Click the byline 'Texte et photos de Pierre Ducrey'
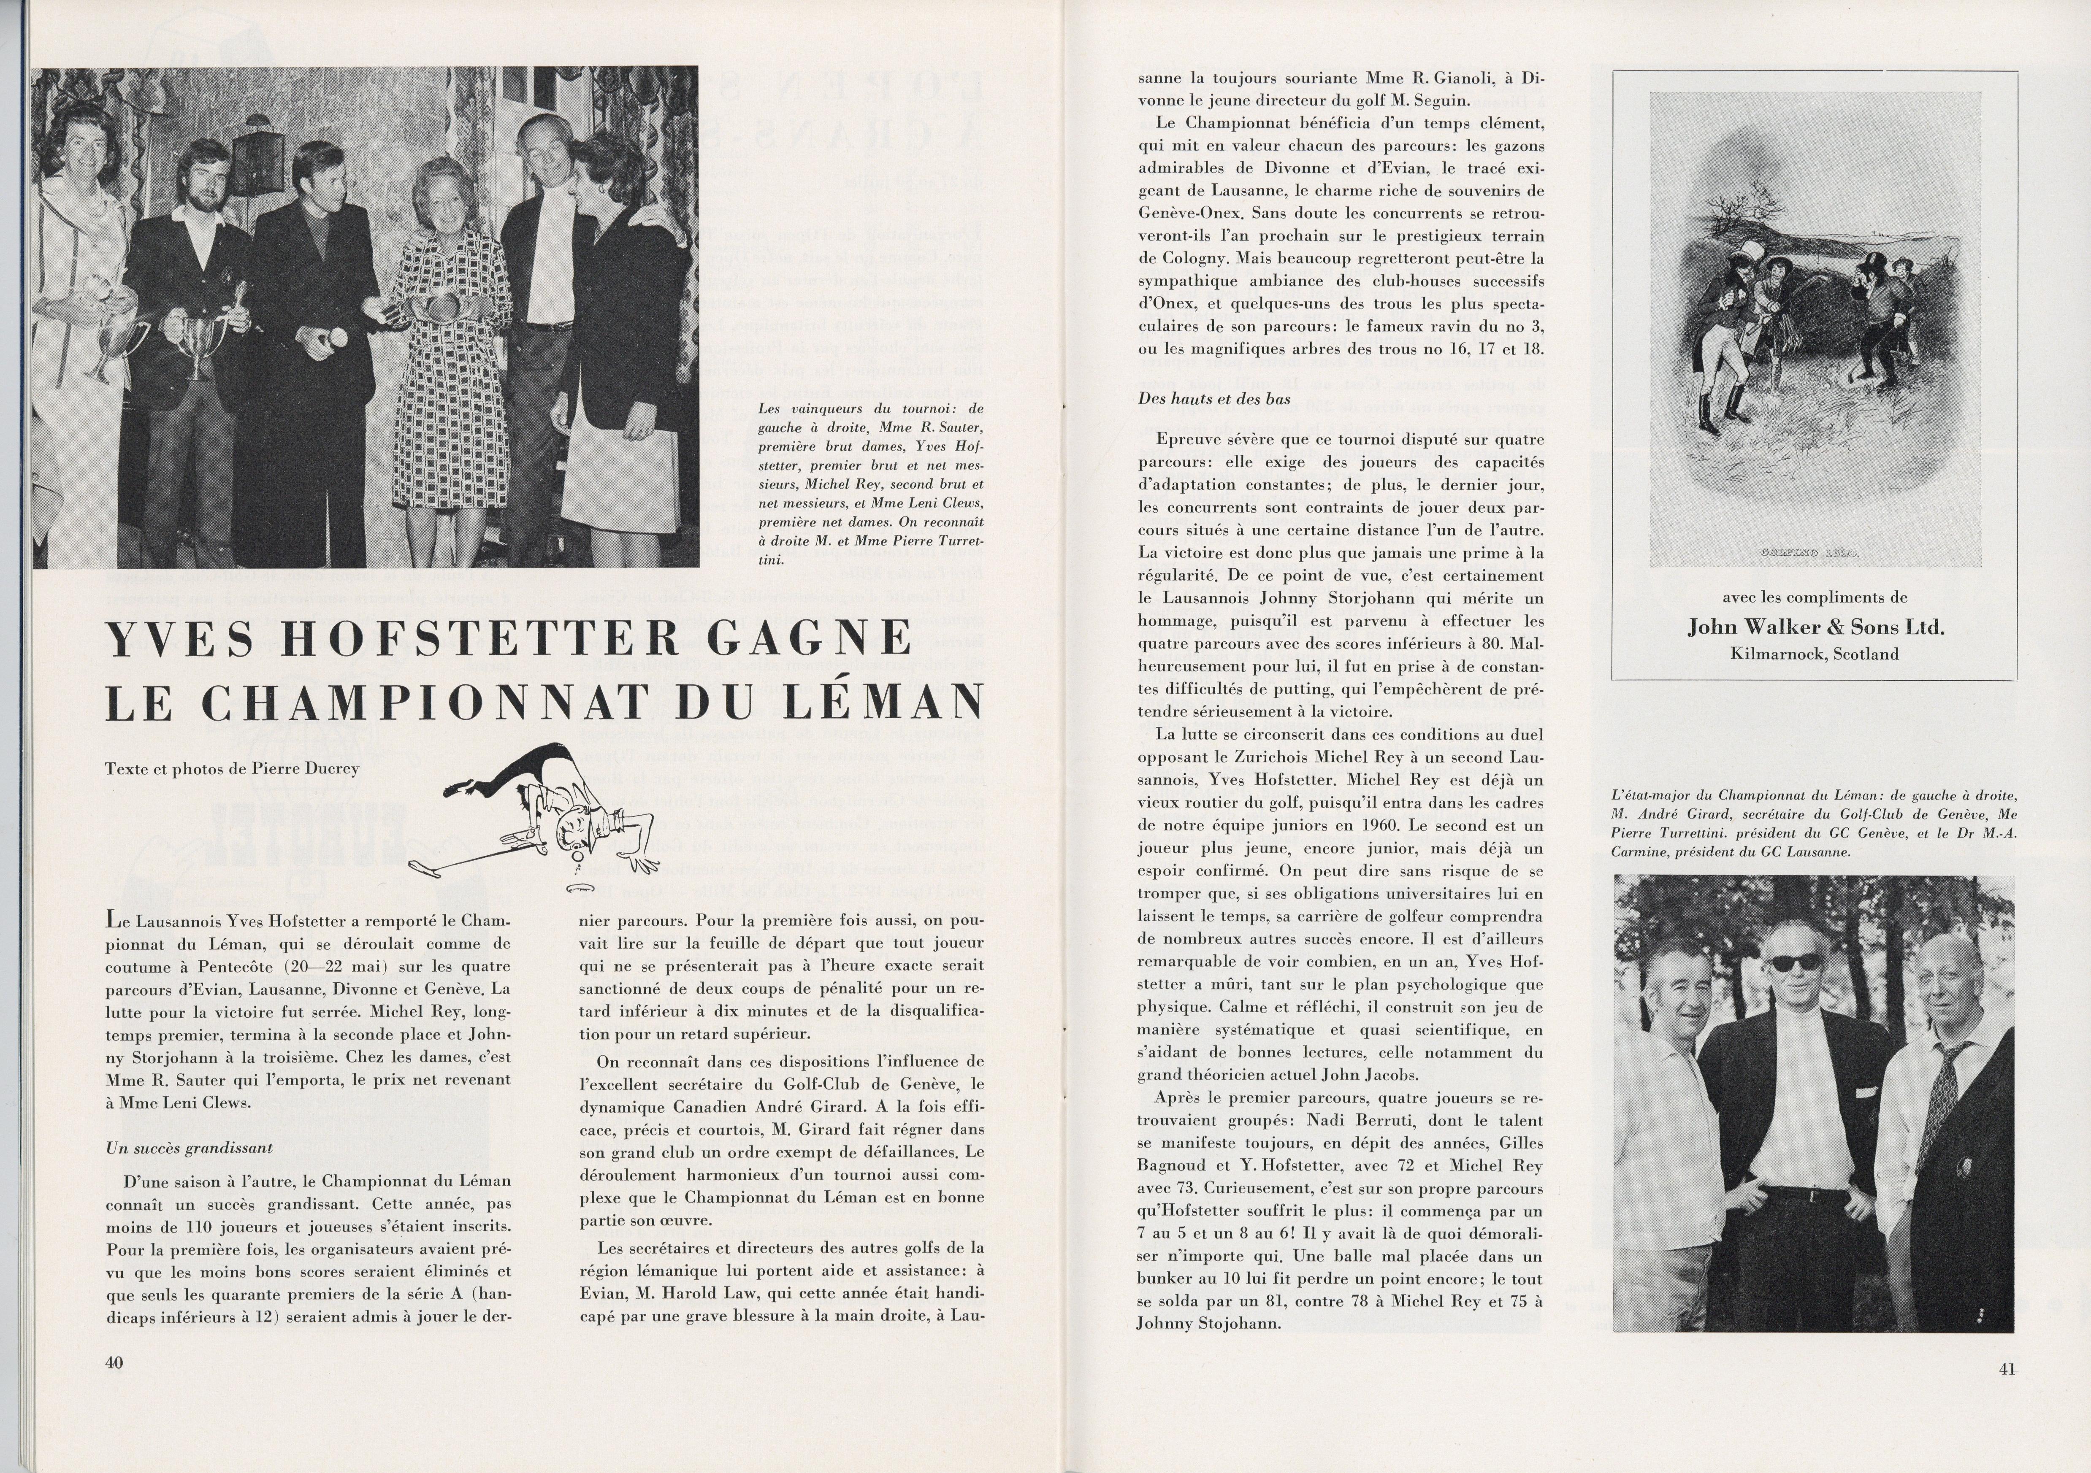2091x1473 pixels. point(232,768)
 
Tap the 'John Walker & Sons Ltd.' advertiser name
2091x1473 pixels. point(1815,627)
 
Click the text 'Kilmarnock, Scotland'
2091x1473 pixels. point(1815,654)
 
